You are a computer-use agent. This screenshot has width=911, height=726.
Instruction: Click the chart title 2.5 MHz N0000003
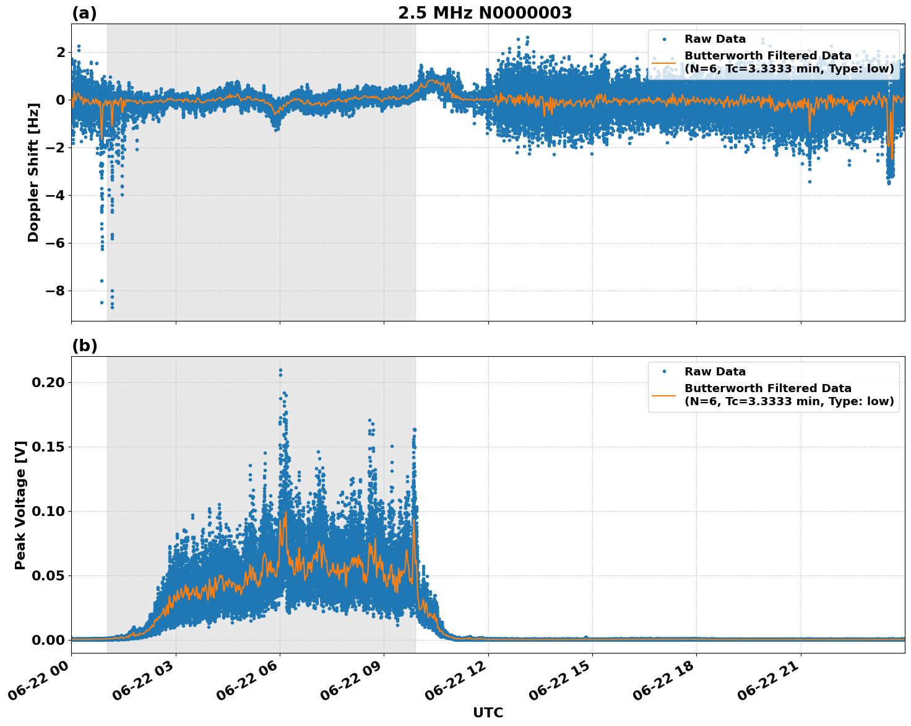coord(485,13)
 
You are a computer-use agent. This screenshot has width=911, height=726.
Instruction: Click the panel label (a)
coord(84,13)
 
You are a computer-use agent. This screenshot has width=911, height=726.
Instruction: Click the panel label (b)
coord(84,346)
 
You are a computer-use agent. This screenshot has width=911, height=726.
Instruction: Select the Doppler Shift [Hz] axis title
coord(33,172)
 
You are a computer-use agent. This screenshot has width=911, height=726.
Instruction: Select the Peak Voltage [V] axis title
coord(20,505)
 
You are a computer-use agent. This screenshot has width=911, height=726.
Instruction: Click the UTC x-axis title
coord(488,712)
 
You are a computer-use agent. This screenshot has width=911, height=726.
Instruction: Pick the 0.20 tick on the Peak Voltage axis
coord(48,383)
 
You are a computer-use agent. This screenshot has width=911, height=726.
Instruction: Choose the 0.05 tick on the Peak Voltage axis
coord(48,576)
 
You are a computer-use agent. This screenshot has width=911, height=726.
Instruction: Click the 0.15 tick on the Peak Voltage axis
coord(48,447)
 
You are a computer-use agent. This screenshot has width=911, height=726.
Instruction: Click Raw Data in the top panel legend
coord(715,39)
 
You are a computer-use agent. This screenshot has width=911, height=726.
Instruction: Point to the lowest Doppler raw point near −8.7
coord(112,307)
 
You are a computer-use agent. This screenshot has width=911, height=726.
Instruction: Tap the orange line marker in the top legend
coord(663,63)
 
